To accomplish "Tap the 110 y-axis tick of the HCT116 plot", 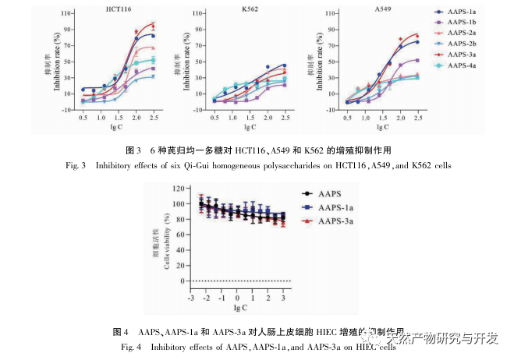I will coord(69,13).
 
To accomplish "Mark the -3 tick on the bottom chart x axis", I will coord(191,298).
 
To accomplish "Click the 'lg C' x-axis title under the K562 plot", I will coord(251,129).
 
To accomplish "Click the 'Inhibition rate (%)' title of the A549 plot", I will coord(321,62).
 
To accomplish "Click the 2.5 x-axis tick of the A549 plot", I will coord(419,116).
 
